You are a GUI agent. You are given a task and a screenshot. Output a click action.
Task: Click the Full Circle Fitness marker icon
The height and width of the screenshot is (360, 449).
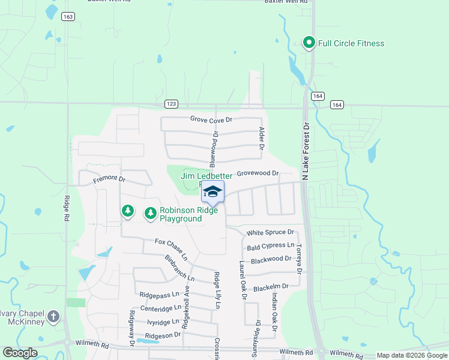click(309, 43)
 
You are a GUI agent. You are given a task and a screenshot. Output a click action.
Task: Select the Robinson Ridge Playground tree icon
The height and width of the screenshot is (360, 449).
click(150, 213)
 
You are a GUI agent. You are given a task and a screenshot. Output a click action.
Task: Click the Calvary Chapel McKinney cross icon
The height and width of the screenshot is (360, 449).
click(53, 316)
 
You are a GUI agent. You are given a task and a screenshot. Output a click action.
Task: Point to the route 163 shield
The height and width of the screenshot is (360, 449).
click(68, 17)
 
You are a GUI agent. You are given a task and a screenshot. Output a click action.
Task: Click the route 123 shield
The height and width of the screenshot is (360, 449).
click(172, 104)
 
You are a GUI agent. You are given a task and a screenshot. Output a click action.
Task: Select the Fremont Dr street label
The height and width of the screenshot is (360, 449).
click(109, 179)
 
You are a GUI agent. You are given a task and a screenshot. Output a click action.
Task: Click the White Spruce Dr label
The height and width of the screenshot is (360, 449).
click(271, 232)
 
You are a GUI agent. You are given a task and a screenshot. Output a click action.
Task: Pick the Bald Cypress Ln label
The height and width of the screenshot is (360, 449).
click(271, 246)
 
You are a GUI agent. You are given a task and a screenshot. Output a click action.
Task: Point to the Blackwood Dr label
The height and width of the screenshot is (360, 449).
click(271, 260)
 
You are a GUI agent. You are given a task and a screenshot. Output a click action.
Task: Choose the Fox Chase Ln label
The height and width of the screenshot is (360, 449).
click(171, 249)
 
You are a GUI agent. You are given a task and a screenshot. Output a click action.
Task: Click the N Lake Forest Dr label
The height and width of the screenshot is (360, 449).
click(306, 151)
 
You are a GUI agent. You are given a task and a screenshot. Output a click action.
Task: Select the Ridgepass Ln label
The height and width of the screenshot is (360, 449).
click(159, 295)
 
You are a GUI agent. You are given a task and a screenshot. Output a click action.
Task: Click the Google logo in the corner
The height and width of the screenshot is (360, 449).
click(20, 353)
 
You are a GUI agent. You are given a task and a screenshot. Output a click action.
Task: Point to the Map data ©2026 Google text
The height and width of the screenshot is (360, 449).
click(412, 356)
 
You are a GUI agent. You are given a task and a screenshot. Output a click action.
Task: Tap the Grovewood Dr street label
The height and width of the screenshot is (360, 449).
click(258, 173)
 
